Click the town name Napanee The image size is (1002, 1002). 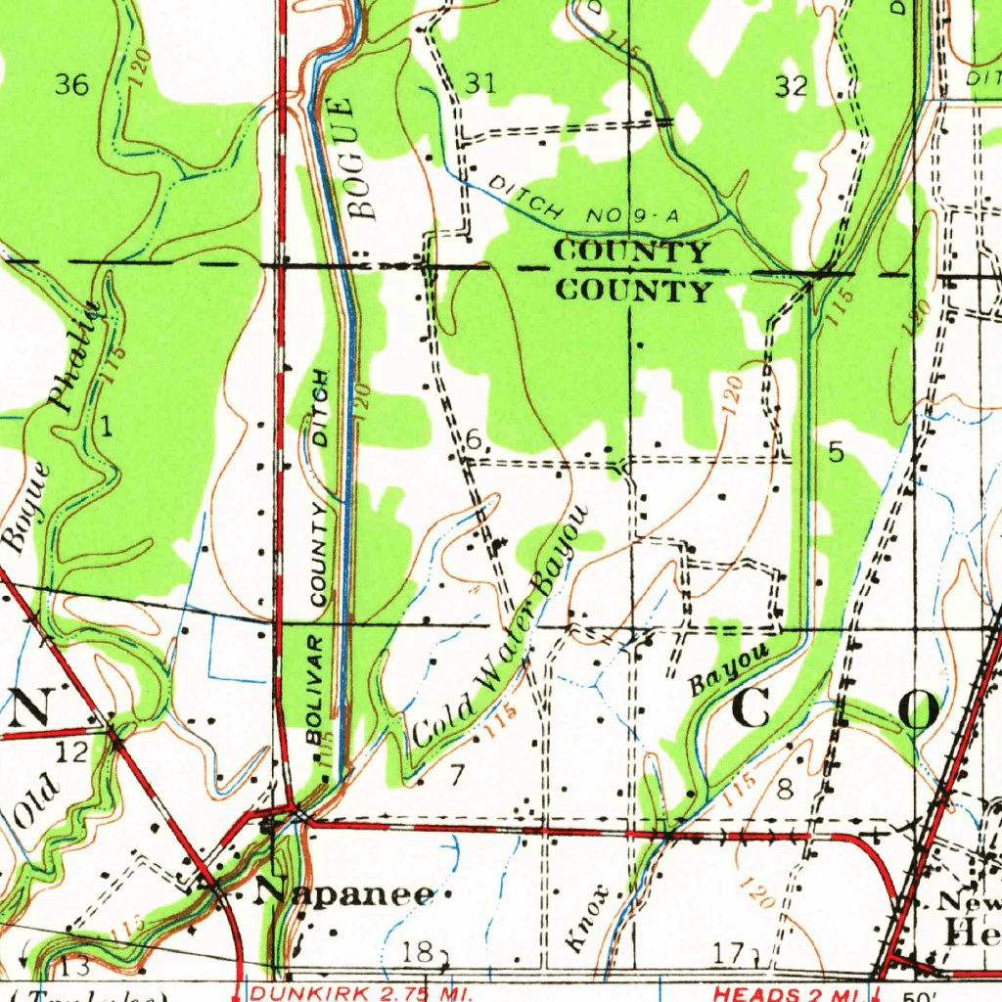tap(344, 893)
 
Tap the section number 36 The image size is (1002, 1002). tap(71, 85)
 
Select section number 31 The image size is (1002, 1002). tap(479, 84)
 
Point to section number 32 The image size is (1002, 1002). tap(791, 86)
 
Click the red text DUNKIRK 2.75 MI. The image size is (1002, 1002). tap(348, 994)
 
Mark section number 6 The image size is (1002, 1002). tap(473, 441)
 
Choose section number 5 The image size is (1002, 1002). tap(835, 452)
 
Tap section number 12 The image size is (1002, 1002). tap(71, 751)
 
